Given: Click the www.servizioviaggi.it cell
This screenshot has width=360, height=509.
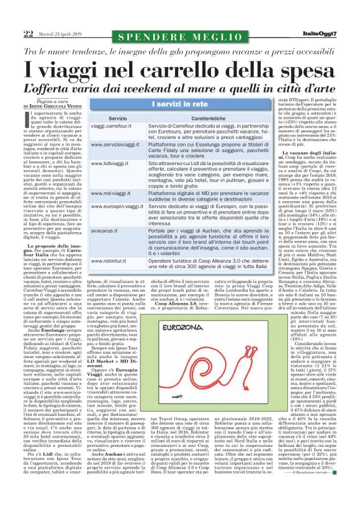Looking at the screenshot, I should tap(114, 145).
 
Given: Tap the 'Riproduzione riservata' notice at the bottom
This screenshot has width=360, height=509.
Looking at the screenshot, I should tap(317, 490).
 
